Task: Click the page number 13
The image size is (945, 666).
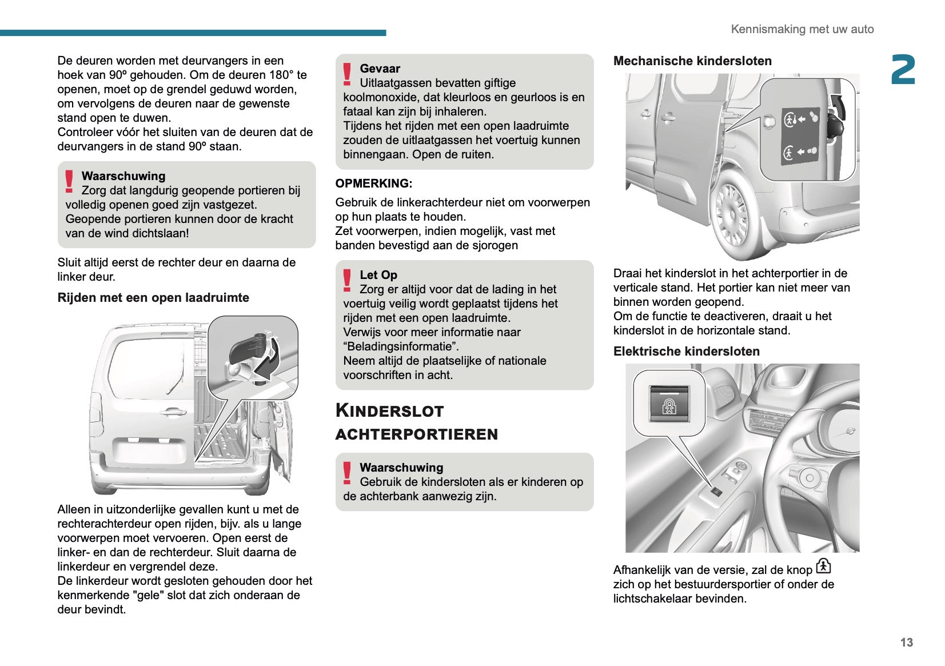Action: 906,642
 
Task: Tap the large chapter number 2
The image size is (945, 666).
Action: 903,70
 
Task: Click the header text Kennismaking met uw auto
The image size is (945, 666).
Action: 802,29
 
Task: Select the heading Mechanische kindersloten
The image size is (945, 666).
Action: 692,61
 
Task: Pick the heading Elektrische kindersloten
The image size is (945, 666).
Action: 686,352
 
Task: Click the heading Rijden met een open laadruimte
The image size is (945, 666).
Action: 153,298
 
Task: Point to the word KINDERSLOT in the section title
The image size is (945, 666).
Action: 389,410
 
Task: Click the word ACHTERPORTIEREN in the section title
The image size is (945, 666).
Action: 416,434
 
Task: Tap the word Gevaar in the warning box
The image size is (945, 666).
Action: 380,69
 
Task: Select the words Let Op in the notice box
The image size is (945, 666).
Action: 378,275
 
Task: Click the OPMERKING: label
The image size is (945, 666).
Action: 374,184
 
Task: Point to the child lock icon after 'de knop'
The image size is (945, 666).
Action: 823,566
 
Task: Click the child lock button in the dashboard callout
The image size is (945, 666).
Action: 669,404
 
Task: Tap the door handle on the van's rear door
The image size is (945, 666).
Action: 172,411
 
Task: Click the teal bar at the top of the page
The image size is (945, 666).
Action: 193,33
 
